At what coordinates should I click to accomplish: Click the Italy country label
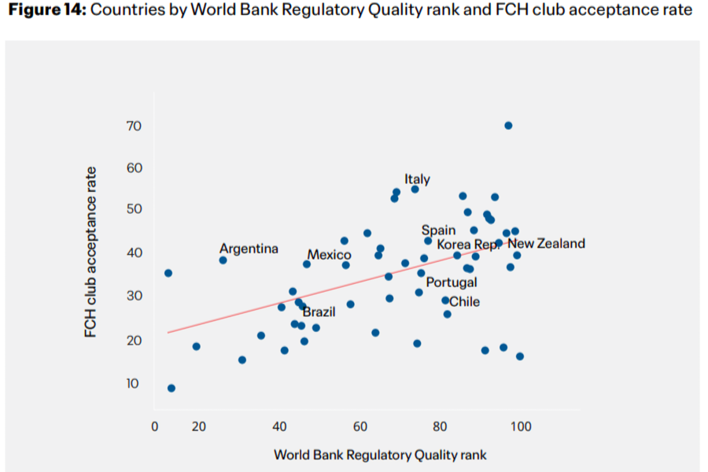[417, 179]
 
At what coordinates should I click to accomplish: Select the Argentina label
[249, 249]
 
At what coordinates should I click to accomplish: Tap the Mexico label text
[329, 255]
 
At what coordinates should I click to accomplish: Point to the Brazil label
[319, 312]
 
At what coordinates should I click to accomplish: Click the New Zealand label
[547, 244]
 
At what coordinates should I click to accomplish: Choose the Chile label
[465, 302]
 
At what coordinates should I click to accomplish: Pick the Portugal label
[452, 282]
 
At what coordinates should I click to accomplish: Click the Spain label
[438, 230]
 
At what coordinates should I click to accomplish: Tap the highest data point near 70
[508, 126]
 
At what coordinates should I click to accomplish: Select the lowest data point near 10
[171, 389]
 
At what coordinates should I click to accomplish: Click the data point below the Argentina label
[223, 260]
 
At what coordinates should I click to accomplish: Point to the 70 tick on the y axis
[134, 126]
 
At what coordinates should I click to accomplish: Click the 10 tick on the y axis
[132, 384]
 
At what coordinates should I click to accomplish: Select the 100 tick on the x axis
[521, 427]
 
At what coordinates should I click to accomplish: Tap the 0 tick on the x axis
[154, 427]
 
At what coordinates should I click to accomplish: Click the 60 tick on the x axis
[360, 427]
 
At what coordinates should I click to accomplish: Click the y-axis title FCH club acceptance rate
[90, 252]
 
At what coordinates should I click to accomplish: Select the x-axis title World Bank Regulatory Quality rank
[380, 455]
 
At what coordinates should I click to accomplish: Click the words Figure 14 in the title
[47, 9]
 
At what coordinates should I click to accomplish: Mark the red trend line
[337, 287]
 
